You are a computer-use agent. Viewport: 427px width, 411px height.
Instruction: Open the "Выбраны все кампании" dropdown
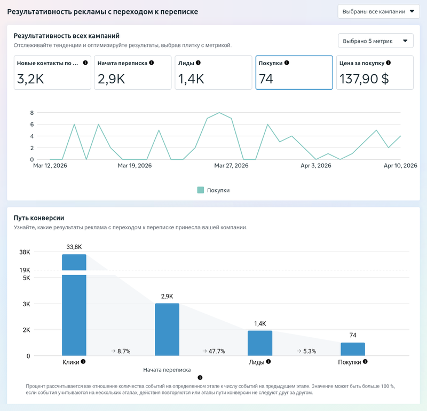[x=378, y=11]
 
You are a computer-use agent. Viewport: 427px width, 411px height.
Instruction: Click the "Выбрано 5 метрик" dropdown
[x=376, y=41]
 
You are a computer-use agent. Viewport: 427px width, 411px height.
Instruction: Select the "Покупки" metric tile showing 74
[x=294, y=73]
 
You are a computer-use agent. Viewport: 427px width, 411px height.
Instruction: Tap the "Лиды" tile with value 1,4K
[x=213, y=73]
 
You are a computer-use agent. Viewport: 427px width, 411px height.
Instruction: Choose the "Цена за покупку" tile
[x=375, y=73]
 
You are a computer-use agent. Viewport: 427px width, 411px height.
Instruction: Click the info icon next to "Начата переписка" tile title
[x=152, y=63]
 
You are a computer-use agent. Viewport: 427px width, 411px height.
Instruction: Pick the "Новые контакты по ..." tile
[x=52, y=73]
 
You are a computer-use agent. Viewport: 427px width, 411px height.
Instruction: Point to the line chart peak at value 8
[x=219, y=113]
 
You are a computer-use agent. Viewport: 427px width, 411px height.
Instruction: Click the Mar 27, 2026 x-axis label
[x=231, y=166]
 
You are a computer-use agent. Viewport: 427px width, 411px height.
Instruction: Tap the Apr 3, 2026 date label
[x=316, y=166]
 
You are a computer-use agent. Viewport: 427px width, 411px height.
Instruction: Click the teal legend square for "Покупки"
[x=201, y=190]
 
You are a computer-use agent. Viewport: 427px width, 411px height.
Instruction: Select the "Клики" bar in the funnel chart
[x=74, y=305]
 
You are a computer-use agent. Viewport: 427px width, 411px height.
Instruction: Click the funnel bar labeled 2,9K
[x=167, y=329]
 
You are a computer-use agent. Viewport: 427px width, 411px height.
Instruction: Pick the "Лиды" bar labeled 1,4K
[x=260, y=343]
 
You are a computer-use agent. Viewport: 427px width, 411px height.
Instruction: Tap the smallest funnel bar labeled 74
[x=353, y=349]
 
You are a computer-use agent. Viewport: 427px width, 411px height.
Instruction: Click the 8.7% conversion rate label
[x=121, y=351]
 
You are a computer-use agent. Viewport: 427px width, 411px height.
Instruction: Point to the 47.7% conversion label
[x=214, y=351]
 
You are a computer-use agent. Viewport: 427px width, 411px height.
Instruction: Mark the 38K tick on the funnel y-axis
[x=25, y=252]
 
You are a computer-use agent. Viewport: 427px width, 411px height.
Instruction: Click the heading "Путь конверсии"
[x=39, y=218]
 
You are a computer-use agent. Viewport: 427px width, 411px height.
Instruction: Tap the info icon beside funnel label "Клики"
[x=83, y=362]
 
